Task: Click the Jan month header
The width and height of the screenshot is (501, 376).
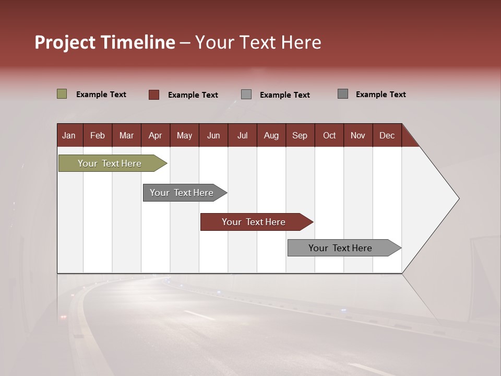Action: click(x=69, y=135)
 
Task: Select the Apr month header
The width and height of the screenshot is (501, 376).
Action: click(x=155, y=135)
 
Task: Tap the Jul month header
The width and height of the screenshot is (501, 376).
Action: click(x=242, y=135)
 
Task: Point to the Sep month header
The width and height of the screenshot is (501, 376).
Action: click(x=300, y=135)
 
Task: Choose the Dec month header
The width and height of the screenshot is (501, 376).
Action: click(x=387, y=135)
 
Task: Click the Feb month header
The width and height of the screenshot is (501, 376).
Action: click(x=98, y=135)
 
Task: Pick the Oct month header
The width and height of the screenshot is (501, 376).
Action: click(x=329, y=135)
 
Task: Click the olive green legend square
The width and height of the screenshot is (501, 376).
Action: click(x=62, y=94)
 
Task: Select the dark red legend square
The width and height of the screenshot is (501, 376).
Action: click(x=154, y=95)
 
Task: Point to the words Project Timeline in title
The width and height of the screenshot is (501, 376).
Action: click(x=104, y=42)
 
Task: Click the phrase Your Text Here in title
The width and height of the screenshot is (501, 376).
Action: click(x=258, y=42)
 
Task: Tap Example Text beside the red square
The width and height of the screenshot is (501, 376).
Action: click(x=193, y=95)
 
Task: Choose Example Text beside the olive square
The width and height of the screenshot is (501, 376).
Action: click(x=101, y=95)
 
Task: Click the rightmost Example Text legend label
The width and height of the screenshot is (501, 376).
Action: click(x=380, y=95)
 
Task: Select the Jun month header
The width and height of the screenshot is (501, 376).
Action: click(x=213, y=135)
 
